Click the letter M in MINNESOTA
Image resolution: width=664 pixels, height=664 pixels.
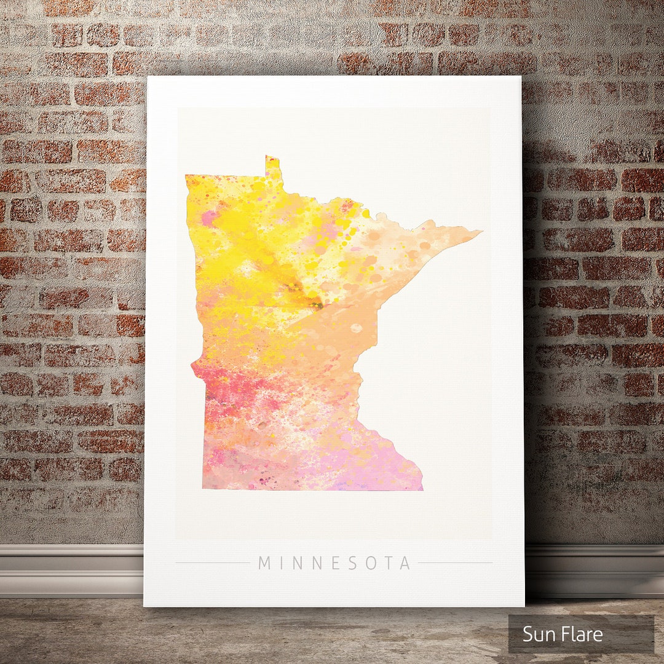pyautogui.click(x=264, y=563)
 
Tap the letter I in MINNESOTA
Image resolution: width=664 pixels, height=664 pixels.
pyautogui.click(x=280, y=563)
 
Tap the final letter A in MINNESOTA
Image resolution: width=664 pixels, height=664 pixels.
pyautogui.click(x=405, y=563)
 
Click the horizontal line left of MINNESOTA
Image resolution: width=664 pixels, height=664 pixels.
pyautogui.click(x=213, y=563)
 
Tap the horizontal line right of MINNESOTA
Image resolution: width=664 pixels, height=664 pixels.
pyautogui.click(x=455, y=563)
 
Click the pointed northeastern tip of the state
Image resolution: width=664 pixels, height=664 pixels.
pyautogui.click(x=478, y=232)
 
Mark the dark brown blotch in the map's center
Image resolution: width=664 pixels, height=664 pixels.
pyautogui.click(x=315, y=302)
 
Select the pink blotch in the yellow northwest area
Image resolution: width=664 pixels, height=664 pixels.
pyautogui.click(x=210, y=218)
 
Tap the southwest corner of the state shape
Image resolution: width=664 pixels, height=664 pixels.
pyautogui.click(x=205, y=487)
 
